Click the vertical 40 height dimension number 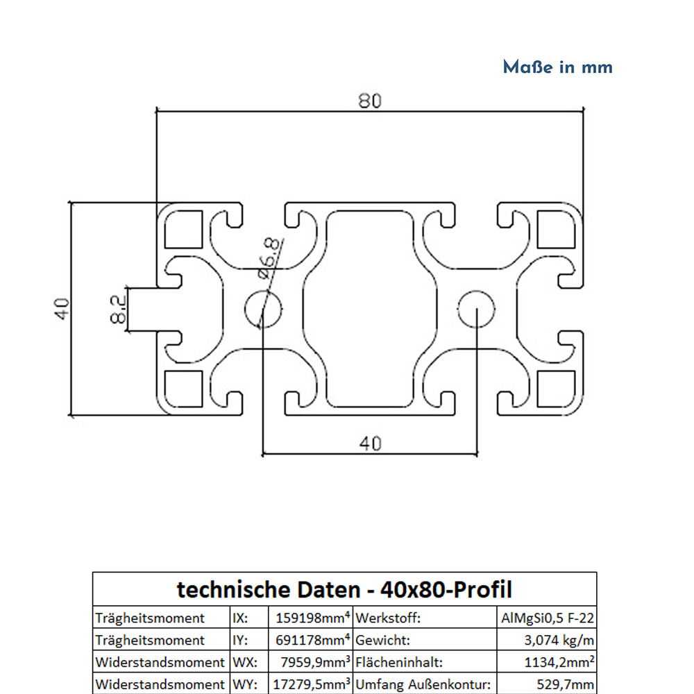pos(63,307)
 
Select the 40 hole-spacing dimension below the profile pos(370,442)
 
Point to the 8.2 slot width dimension pos(117,308)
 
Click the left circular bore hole pos(264,308)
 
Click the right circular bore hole pos(477,308)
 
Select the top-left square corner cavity pos(184,230)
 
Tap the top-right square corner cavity pos(557,230)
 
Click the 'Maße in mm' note pos(557,67)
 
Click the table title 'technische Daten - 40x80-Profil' pos(344,590)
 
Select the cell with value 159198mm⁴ pos(310,618)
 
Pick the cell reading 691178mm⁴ pos(310,640)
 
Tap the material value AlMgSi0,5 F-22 pos(547,618)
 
